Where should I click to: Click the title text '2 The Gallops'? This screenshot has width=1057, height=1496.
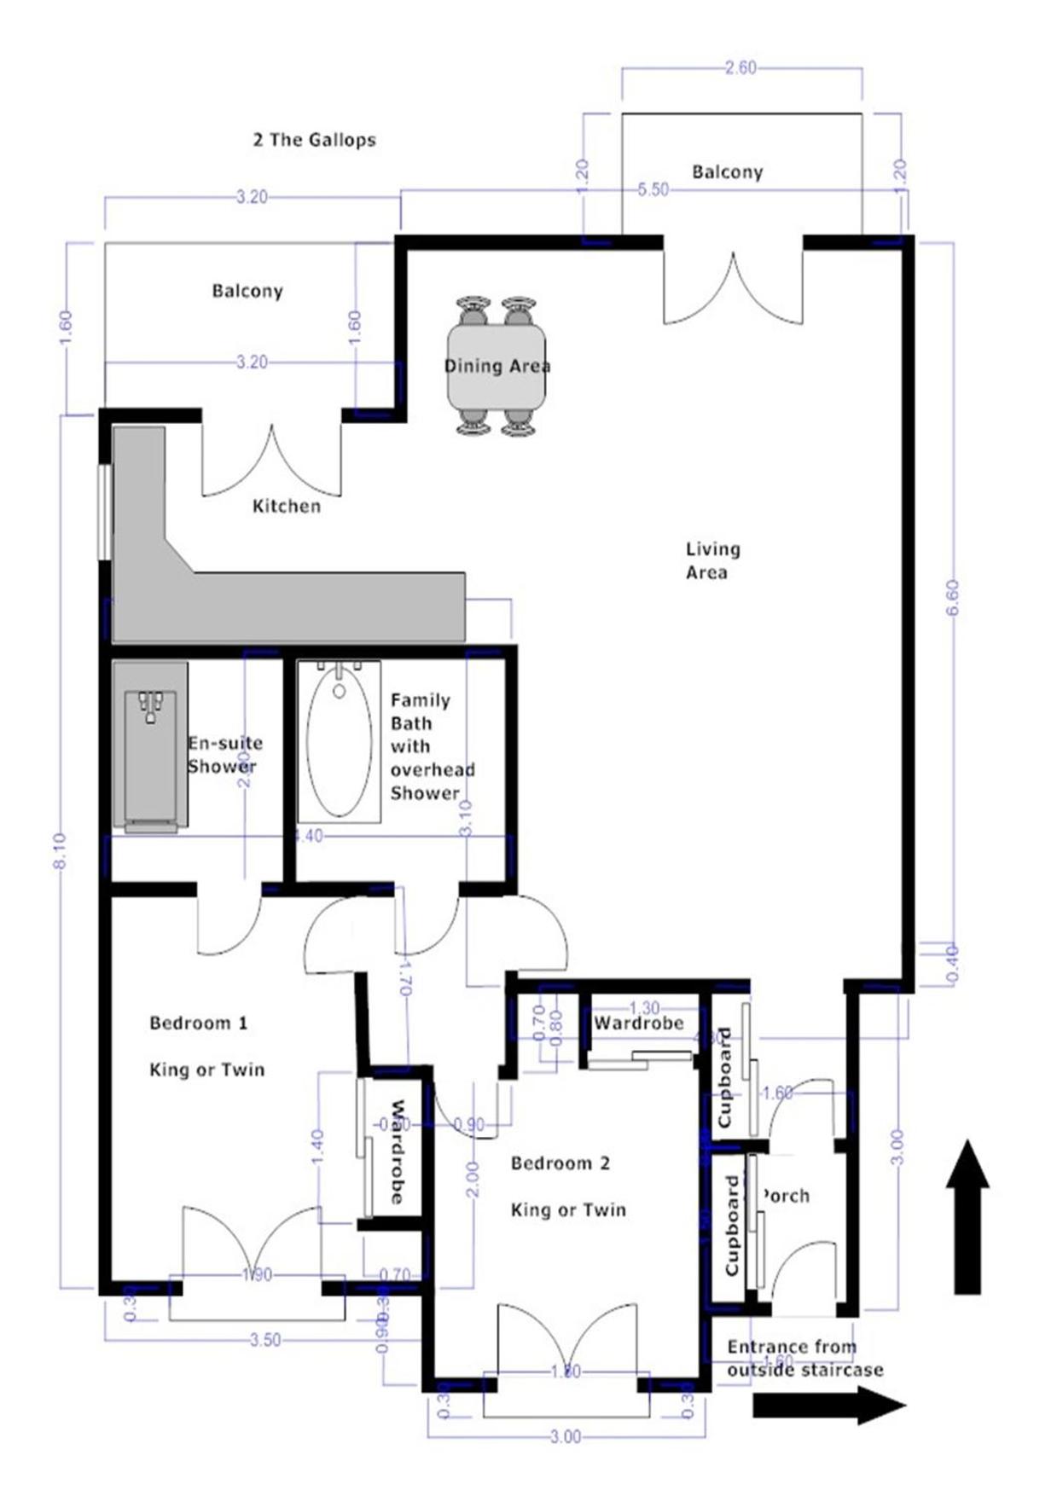point(314,140)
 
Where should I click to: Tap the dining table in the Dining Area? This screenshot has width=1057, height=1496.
point(497,367)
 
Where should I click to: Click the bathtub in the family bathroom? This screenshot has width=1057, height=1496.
point(339,741)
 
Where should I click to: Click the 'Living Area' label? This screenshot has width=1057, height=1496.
point(712,560)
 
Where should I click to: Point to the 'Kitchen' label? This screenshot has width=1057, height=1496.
point(287,507)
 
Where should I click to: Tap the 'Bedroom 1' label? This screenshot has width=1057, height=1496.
point(198,1023)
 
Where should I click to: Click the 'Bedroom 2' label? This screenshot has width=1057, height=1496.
point(560,1163)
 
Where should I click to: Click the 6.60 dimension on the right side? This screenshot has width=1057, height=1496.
point(953,596)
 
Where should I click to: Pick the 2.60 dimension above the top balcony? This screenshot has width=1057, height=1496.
point(740,68)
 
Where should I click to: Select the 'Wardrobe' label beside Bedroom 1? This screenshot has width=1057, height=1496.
point(397,1151)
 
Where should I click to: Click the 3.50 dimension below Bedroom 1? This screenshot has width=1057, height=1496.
point(264,1340)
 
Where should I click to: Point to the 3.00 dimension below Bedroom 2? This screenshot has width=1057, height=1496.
point(565,1437)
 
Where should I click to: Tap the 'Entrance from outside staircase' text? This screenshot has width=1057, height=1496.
point(802,1358)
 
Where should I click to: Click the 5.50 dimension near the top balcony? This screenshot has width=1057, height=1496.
point(653,190)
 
